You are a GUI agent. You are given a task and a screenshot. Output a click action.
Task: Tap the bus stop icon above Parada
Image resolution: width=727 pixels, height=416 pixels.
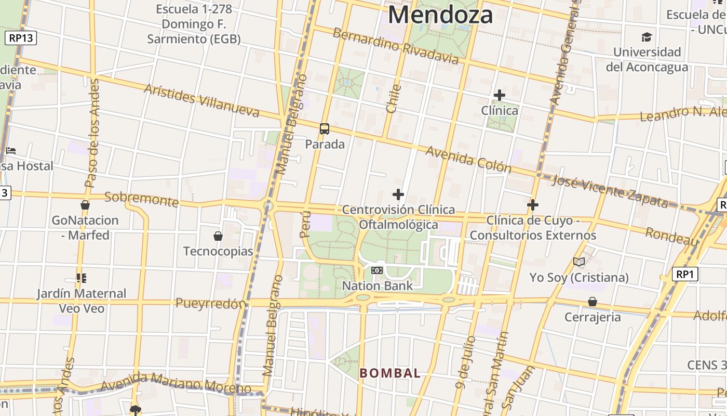click(325, 128)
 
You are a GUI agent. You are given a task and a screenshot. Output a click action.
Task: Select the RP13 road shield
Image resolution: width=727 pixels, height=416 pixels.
click(21, 37)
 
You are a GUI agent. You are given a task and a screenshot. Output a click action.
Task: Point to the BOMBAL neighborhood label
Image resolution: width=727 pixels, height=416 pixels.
click(390, 373)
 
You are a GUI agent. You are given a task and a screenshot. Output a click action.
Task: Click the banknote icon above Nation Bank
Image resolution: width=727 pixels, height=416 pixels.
click(377, 270)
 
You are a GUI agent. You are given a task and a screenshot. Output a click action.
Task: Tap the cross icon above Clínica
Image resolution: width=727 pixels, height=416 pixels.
click(500, 95)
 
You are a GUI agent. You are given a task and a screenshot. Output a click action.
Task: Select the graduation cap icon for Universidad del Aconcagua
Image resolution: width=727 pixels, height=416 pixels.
click(647, 37)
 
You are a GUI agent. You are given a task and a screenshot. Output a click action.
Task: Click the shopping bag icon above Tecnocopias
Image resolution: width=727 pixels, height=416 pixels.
click(218, 236)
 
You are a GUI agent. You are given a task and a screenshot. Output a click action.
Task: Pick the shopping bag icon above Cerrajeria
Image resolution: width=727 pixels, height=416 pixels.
click(593, 302)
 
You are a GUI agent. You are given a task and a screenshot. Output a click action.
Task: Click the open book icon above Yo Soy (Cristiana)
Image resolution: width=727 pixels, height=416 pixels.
click(579, 262)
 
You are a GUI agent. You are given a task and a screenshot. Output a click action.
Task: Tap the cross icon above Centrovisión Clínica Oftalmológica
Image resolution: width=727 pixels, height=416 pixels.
click(398, 194)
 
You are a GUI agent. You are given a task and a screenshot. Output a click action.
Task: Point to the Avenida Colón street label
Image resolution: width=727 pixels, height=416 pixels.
click(468, 159)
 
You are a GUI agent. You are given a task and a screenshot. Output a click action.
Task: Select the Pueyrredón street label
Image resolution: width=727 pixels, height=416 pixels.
click(210, 303)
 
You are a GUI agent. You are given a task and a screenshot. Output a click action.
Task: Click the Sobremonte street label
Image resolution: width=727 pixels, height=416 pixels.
click(141, 199)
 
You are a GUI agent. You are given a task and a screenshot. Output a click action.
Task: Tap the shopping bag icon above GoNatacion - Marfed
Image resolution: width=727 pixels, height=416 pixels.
click(85, 205)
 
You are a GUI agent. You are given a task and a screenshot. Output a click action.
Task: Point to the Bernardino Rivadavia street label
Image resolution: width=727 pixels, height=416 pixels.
click(396, 46)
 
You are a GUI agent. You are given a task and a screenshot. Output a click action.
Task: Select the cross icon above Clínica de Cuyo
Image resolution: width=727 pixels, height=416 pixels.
click(532, 205)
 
